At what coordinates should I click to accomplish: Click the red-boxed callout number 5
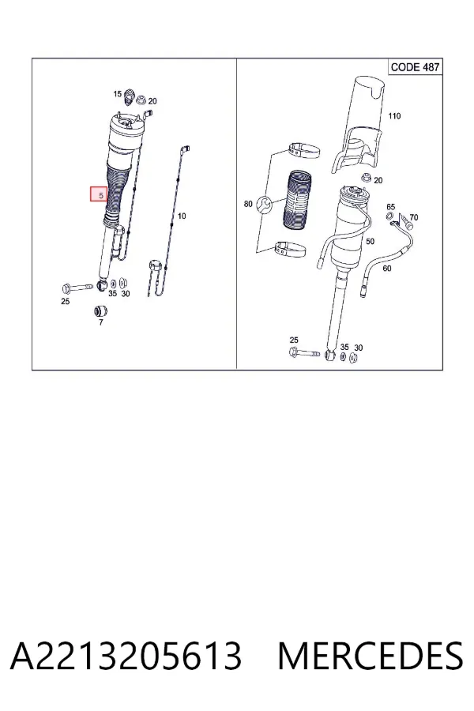[x=99, y=195]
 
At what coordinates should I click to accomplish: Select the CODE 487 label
[x=415, y=67]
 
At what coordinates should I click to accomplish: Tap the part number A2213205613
[x=126, y=656]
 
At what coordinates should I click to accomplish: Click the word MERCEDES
[x=371, y=656]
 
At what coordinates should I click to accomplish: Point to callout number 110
[x=394, y=116]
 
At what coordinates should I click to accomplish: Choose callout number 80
[x=248, y=204]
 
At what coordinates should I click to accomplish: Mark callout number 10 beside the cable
[x=182, y=216]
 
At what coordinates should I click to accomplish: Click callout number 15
[x=117, y=94]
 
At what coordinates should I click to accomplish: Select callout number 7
[x=100, y=322]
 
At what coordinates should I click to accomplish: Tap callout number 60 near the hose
[x=387, y=268]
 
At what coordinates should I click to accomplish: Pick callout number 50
[x=371, y=241]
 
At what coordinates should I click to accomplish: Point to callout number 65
[x=390, y=207]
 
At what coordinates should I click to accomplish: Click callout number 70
[x=414, y=217]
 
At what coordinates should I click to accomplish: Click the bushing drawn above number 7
[x=100, y=311]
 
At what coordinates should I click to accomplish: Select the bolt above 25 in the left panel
[x=77, y=288]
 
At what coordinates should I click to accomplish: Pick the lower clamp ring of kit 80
[x=290, y=249]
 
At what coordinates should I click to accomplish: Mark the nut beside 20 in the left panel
[x=141, y=100]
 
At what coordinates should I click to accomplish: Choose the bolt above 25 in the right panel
[x=304, y=352]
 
